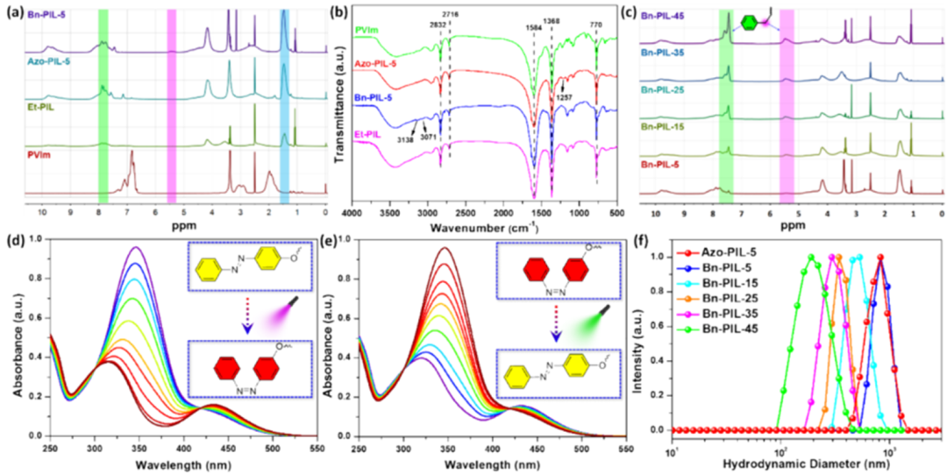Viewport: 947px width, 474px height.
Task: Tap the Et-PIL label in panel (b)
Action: click(374, 132)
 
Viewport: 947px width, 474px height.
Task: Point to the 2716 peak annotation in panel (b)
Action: click(451, 15)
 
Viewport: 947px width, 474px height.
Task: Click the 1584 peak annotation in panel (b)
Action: click(531, 27)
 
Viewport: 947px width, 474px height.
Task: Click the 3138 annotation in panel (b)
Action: click(407, 138)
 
